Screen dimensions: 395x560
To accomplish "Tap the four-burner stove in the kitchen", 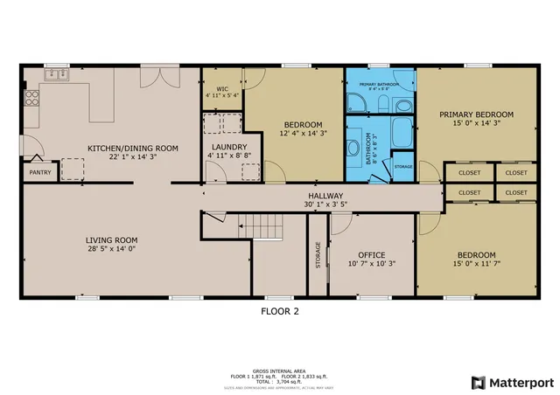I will pyautogui.click(x=30, y=98).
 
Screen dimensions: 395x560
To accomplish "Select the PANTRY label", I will pyautogui.click(x=40, y=173).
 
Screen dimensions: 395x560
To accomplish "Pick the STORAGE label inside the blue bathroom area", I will pyautogui.click(x=402, y=166).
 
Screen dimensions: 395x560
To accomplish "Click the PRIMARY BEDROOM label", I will pyautogui.click(x=476, y=114).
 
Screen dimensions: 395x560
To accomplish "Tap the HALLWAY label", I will pyautogui.click(x=325, y=196).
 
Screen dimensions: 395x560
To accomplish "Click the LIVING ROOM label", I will pyautogui.click(x=111, y=240).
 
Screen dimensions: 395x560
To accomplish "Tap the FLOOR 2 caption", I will pyautogui.click(x=282, y=310).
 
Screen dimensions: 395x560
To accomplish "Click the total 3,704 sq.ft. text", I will pyautogui.click(x=283, y=381).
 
